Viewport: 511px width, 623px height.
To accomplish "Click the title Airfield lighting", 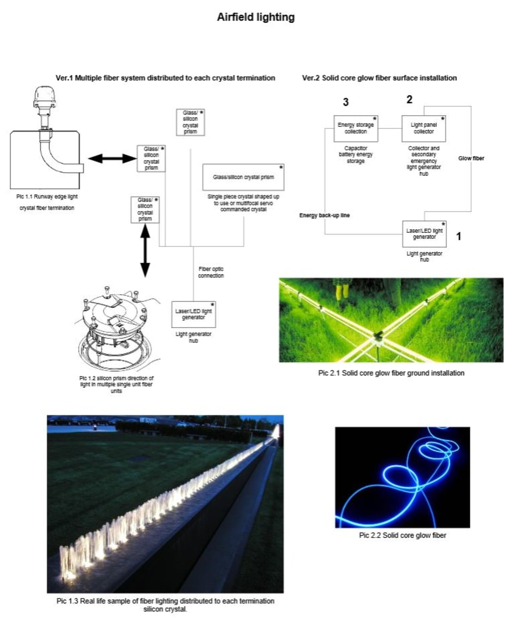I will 255,17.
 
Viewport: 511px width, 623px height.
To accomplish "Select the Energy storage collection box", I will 356,128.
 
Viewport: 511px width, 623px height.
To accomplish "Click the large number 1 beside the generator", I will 459,236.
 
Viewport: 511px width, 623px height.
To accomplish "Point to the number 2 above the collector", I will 409,100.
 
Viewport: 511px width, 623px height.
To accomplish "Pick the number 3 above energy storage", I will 346,103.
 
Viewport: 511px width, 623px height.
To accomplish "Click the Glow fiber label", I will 471,159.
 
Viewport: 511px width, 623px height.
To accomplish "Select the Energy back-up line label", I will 324,215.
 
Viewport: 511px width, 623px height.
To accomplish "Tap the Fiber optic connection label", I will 211,272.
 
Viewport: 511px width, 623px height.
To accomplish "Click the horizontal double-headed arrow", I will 112,159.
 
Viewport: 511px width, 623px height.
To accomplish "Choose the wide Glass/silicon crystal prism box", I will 243,177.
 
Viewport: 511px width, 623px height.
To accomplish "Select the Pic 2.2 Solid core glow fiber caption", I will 402,536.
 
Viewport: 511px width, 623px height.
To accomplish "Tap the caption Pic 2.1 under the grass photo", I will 391,373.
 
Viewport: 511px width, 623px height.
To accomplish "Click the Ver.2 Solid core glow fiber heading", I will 379,78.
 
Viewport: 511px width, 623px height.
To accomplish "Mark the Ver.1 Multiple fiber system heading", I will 165,78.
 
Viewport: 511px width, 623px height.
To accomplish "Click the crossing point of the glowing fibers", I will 379,335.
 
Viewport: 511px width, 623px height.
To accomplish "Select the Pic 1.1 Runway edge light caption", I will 47,196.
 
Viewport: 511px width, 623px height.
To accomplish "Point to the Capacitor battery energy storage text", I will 356,154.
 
